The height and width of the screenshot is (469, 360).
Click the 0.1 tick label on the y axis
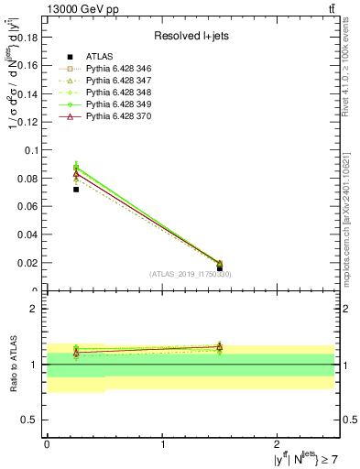(x=33, y=149)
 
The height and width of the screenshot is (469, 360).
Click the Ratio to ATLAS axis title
(x=13, y=365)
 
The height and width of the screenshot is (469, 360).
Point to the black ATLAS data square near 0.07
(x=76, y=190)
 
